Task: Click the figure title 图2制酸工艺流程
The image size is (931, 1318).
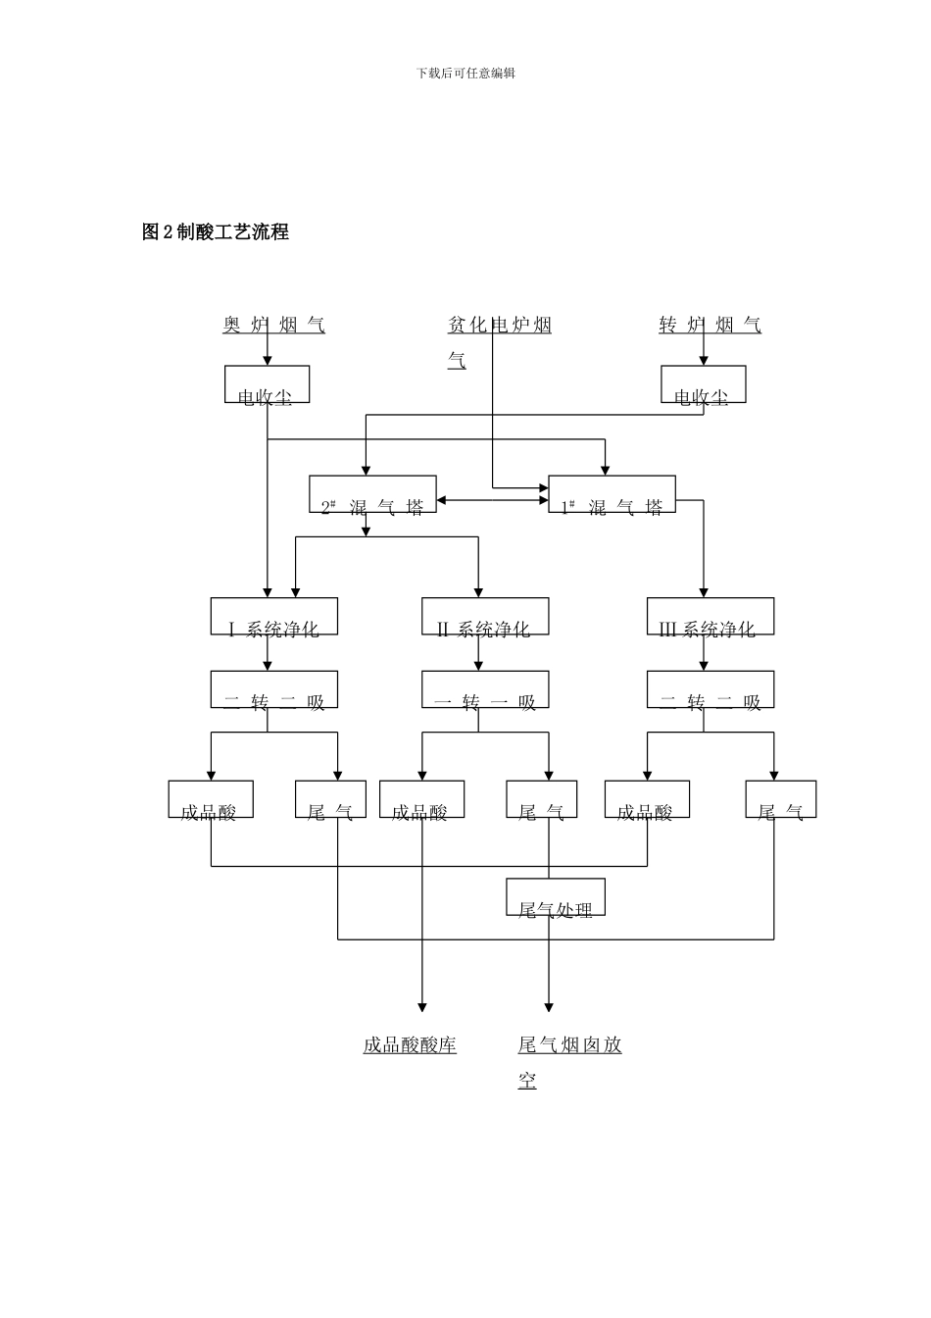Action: tap(216, 232)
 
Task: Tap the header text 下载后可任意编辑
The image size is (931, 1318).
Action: tap(465, 74)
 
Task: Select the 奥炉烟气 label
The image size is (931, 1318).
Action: tap(273, 326)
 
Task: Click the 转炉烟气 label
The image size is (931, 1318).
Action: tap(710, 326)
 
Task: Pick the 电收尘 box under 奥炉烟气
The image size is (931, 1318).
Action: tap(267, 384)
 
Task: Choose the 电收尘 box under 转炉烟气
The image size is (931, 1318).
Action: tap(703, 384)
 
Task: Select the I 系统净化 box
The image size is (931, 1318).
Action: tap(274, 617)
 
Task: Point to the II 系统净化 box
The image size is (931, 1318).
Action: tap(485, 617)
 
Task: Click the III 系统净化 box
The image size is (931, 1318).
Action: tap(710, 617)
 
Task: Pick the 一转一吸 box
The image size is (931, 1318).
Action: tap(485, 689)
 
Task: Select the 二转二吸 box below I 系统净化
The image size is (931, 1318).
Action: tap(274, 689)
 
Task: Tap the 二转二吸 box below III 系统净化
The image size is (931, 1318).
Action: tap(710, 689)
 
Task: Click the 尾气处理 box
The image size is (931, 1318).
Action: tap(556, 897)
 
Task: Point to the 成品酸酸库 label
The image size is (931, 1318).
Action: tap(410, 1045)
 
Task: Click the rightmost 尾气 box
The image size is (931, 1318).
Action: tap(780, 799)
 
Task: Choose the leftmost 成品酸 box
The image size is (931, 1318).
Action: tap(211, 799)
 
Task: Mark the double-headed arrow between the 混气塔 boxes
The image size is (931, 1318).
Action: tap(492, 501)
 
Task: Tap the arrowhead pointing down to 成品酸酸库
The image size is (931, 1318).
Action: tap(422, 1006)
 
